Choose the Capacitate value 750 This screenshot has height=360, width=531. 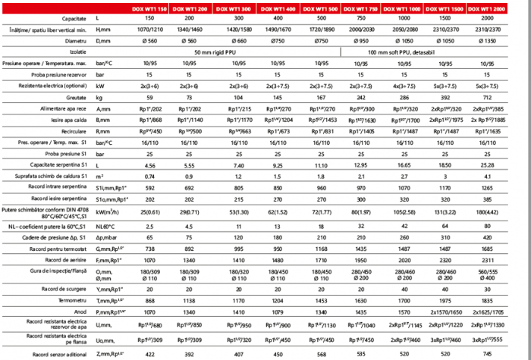coord(367,17)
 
